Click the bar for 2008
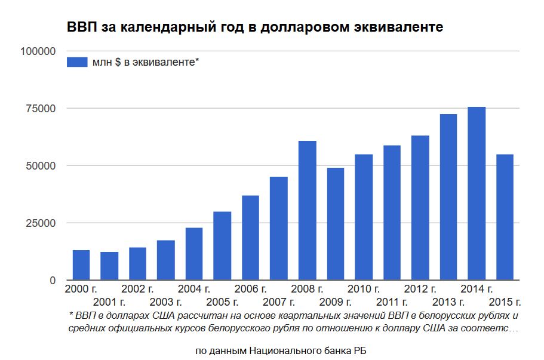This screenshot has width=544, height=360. [307, 210]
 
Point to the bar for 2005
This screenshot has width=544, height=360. [222, 246]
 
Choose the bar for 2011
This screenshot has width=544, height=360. [392, 213]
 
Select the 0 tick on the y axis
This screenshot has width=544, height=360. [53, 281]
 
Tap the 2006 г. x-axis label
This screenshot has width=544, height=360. [250, 290]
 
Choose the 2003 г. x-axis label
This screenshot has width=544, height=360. [165, 301]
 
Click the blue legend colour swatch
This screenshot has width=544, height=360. [77, 61]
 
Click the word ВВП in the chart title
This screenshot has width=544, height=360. [79, 27]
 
